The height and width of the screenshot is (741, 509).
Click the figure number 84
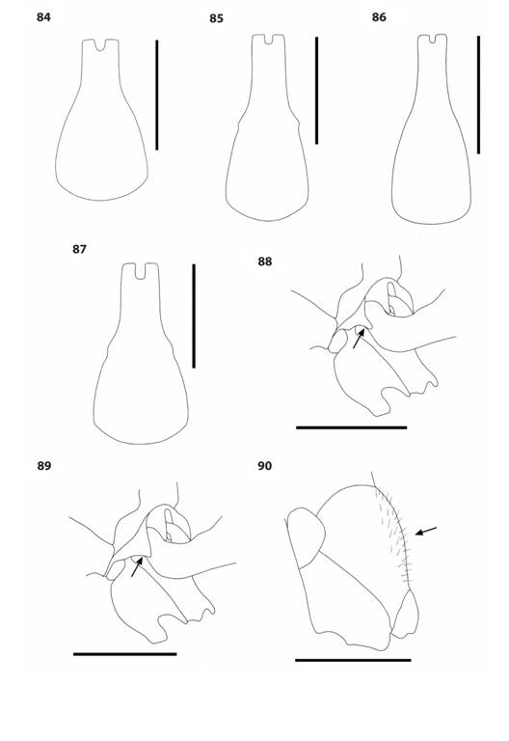(x=43, y=17)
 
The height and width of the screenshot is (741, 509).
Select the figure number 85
(x=216, y=18)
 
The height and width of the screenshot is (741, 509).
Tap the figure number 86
(x=379, y=17)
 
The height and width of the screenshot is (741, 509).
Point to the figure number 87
(x=79, y=249)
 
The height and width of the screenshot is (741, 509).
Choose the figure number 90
(x=265, y=466)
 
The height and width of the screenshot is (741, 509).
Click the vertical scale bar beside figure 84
(x=157, y=95)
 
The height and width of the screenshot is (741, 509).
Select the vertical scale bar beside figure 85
(x=316, y=91)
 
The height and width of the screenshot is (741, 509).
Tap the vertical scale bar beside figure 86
(x=477, y=95)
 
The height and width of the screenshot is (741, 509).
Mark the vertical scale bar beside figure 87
(x=194, y=316)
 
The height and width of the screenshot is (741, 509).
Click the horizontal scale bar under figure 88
(x=351, y=426)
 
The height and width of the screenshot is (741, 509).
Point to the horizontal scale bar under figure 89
(x=124, y=653)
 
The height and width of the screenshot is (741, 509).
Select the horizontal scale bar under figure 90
(x=353, y=660)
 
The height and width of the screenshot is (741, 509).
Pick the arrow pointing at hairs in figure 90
(x=425, y=531)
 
